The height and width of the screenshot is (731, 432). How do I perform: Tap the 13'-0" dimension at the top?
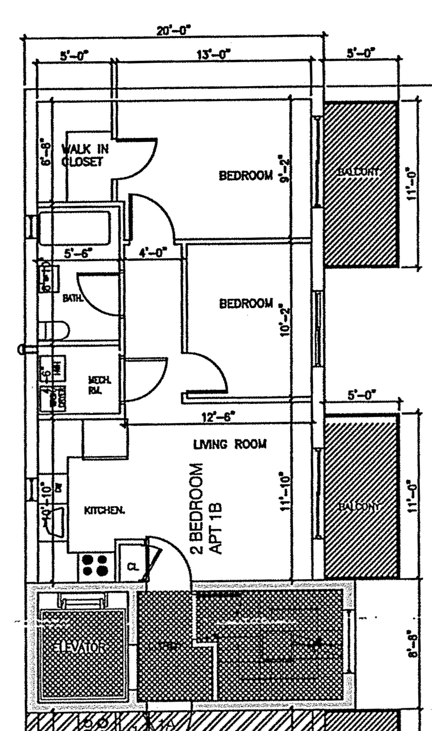point(214,54)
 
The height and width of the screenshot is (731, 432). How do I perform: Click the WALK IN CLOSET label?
point(84,155)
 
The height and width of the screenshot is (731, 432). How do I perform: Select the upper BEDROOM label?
point(246,175)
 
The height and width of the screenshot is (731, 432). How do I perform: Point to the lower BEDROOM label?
point(246,303)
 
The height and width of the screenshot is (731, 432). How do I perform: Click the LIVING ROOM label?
point(230,444)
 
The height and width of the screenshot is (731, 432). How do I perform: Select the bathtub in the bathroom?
point(75,228)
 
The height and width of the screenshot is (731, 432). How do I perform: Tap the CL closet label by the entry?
point(134,566)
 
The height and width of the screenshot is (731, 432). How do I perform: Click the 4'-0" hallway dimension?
point(153,252)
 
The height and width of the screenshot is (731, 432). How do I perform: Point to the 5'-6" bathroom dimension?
point(79,252)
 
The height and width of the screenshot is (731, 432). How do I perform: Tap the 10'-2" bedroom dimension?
point(284,321)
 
